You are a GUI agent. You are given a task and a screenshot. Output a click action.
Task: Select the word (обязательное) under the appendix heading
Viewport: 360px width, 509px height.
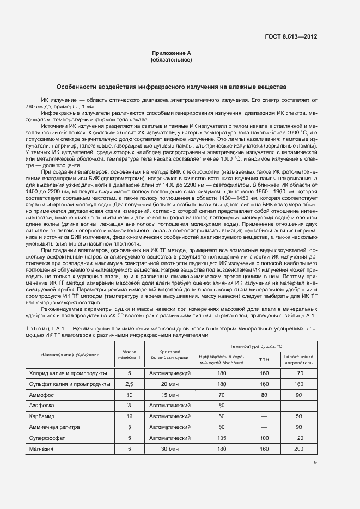tap(172, 59)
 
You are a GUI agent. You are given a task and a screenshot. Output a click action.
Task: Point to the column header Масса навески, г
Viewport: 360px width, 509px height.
tap(130, 354)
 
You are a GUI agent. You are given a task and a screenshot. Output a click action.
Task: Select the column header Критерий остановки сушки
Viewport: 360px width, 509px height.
tap(170, 354)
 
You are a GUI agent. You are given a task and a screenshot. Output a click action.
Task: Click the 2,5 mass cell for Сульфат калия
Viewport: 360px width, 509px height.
tap(130, 384)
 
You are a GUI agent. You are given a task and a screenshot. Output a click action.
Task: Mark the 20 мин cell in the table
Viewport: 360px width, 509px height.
tap(170, 384)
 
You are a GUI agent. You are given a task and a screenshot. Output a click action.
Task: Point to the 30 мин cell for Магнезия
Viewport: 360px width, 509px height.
tap(170, 448)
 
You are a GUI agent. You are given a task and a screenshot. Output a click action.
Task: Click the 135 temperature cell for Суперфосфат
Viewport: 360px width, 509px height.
tap(222, 437)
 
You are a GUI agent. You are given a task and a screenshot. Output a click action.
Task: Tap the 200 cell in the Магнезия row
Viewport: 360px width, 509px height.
tap(298, 448)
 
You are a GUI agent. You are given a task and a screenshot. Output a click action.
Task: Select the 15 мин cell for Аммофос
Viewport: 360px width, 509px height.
tap(170, 395)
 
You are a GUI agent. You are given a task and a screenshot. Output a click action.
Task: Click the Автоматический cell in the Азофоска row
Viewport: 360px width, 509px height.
tap(170, 406)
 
